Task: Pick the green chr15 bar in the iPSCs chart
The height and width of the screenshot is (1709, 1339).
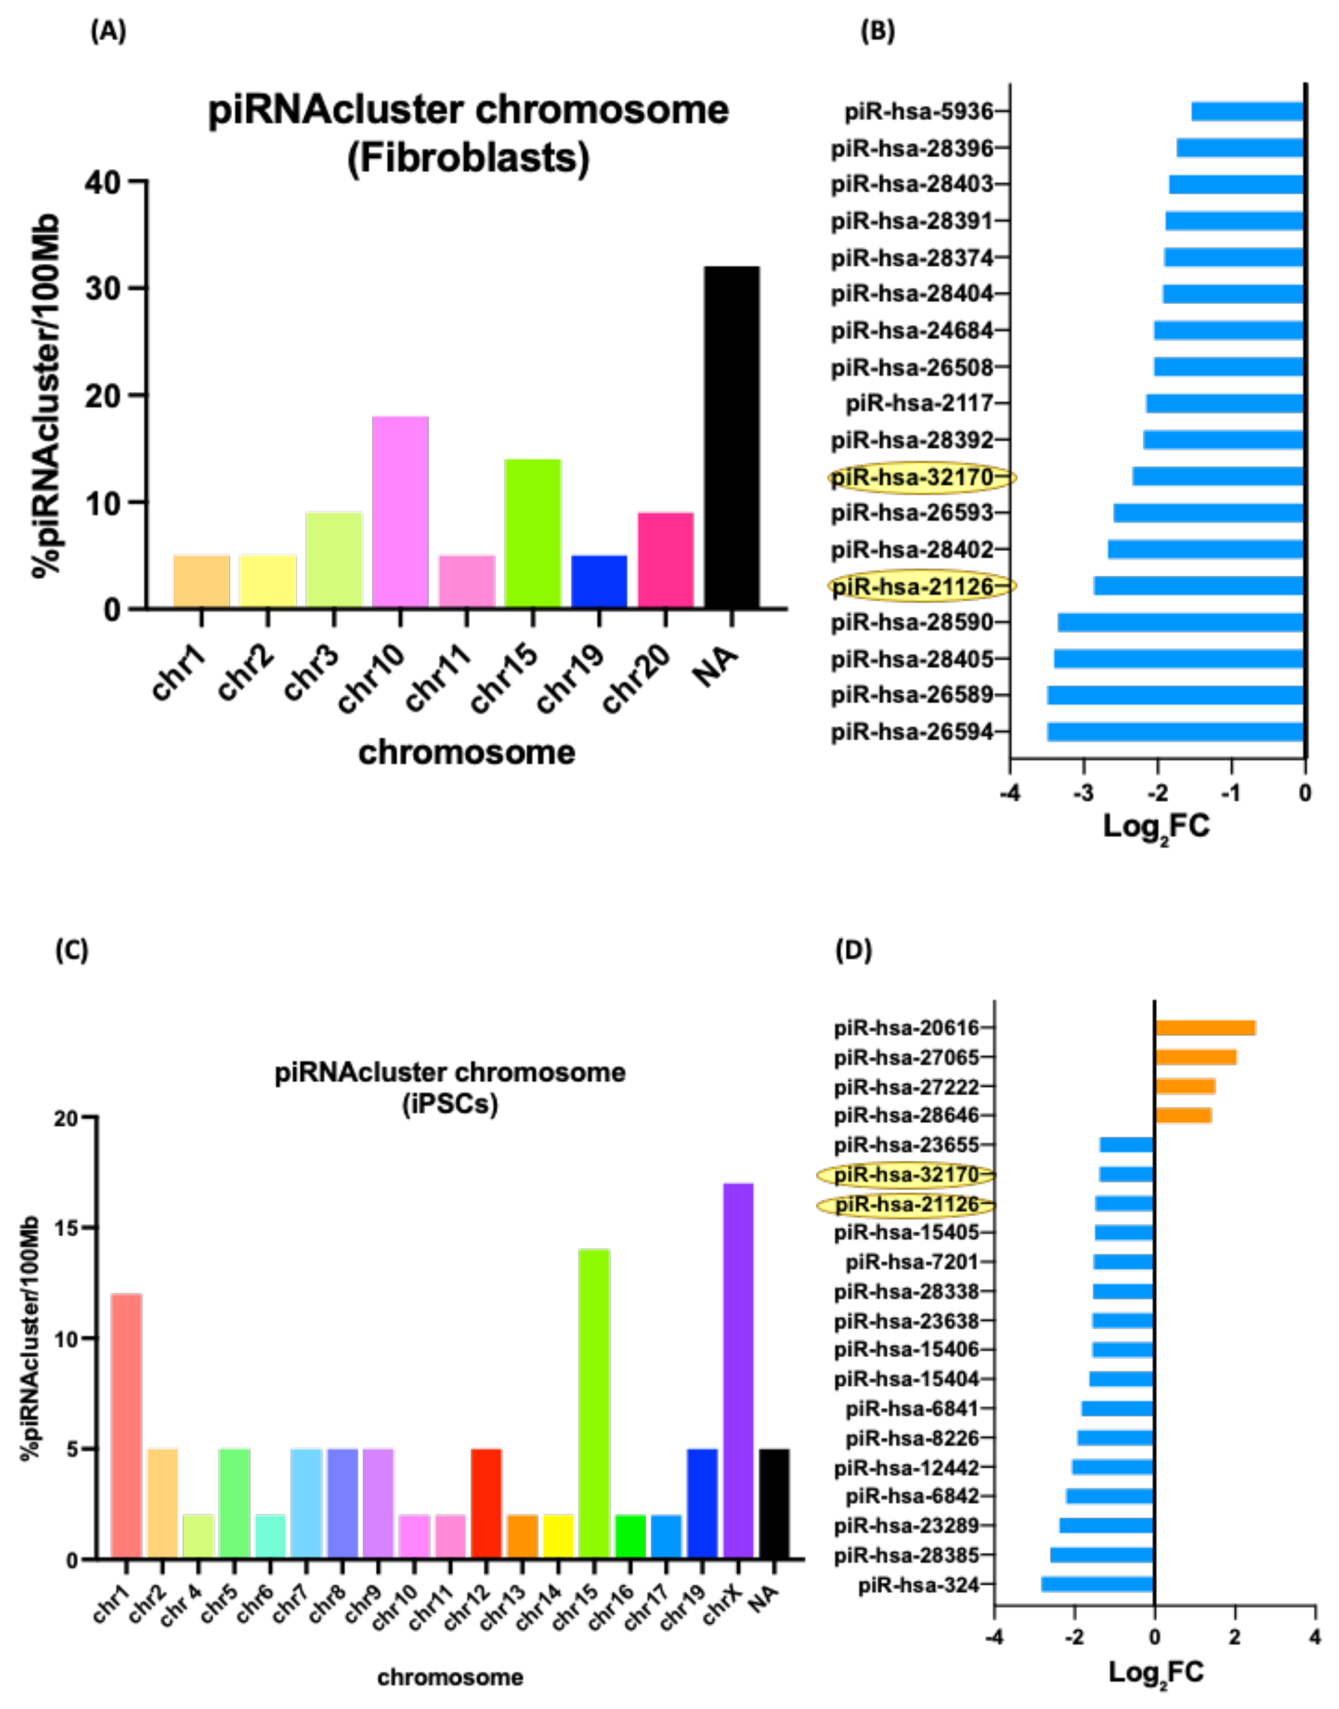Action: coord(593,1403)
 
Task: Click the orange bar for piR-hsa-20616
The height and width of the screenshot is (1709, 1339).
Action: coord(1205,1028)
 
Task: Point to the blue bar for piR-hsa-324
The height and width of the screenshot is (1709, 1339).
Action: coord(1097,1585)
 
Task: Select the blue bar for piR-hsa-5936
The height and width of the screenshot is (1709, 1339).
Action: coord(1247,111)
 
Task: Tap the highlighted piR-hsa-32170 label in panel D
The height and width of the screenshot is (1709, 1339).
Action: coord(905,1174)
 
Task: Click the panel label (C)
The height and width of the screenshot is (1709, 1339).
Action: coord(71,950)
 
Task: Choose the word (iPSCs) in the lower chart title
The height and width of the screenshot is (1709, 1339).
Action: coord(450,1104)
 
